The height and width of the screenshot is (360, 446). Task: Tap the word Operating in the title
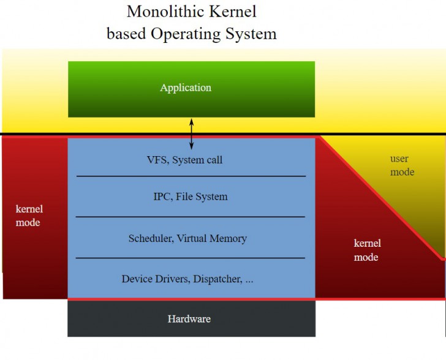(187, 33)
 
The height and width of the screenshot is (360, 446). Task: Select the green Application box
(191, 89)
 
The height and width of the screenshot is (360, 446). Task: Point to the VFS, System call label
(184, 160)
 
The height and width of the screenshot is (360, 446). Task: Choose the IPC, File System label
(191, 197)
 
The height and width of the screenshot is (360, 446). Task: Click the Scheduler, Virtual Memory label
(187, 239)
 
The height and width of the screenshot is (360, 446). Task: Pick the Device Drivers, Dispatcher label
(187, 279)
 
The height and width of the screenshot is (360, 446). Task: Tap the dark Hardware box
(191, 319)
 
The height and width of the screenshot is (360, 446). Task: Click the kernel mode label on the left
(29, 216)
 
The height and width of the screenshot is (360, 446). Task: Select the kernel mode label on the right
(367, 250)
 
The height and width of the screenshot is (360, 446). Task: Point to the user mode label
(402, 166)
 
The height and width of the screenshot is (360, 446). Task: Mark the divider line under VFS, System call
(191, 176)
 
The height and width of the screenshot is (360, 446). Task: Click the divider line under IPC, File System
(191, 217)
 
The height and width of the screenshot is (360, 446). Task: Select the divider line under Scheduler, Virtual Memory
(191, 258)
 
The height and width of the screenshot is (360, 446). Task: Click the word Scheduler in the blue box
(150, 239)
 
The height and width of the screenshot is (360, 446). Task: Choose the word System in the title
(253, 33)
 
